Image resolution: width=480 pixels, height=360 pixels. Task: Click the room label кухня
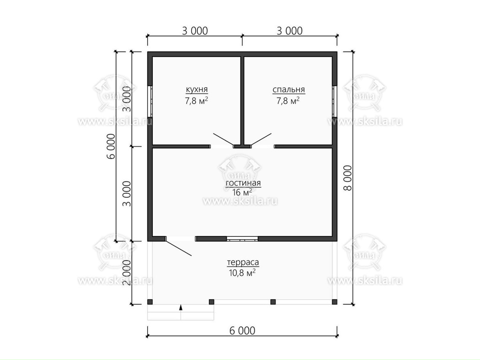click(196, 89)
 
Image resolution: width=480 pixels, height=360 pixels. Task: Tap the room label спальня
click(289, 90)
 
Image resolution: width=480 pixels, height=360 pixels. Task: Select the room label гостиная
click(243, 183)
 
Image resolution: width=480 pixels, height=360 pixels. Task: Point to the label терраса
click(243, 262)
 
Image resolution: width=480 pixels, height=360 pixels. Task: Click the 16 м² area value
click(242, 192)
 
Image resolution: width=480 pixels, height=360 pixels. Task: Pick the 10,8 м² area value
click(242, 272)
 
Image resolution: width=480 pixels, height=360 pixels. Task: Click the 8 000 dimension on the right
click(348, 178)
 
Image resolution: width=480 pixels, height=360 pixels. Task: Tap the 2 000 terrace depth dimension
click(126, 273)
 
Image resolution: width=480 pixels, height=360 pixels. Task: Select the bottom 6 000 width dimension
click(242, 331)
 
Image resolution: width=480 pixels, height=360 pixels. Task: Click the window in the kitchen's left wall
click(150, 101)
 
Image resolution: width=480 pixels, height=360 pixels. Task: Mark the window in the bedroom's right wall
click(335, 101)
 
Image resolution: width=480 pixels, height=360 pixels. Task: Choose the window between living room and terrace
click(242, 239)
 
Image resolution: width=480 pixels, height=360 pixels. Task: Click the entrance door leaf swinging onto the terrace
click(179, 248)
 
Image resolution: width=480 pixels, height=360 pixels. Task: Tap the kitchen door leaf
click(224, 139)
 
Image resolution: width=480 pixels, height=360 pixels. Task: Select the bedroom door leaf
click(261, 139)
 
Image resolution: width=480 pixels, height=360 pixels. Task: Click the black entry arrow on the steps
click(180, 308)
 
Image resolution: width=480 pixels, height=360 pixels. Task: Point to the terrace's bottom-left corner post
click(150, 302)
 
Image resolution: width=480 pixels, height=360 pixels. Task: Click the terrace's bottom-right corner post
click(335, 302)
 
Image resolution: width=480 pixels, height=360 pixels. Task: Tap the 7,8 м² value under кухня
click(196, 100)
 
